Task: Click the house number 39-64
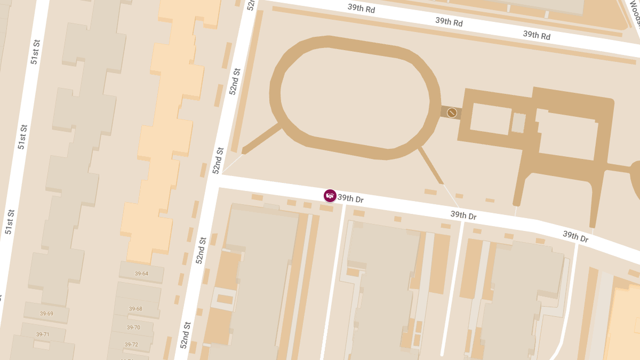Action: [x=141, y=274]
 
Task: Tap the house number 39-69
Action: [x=46, y=314]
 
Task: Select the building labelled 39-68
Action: [x=135, y=309]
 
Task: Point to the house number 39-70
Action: [x=133, y=327]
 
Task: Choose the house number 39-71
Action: [x=43, y=334]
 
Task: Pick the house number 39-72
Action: [x=132, y=345]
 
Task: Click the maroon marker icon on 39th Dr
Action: [x=330, y=196]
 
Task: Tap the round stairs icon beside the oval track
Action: [x=452, y=113]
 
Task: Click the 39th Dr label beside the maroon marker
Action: [x=350, y=199]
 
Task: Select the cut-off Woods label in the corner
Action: [x=635, y=13]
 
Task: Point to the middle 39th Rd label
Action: [x=449, y=22]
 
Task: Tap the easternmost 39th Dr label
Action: [x=575, y=236]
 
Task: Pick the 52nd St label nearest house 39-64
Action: [x=201, y=251]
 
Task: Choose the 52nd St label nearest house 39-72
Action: [x=185, y=335]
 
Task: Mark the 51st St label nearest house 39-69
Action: [x=9, y=222]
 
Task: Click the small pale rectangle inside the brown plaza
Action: [x=518, y=123]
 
